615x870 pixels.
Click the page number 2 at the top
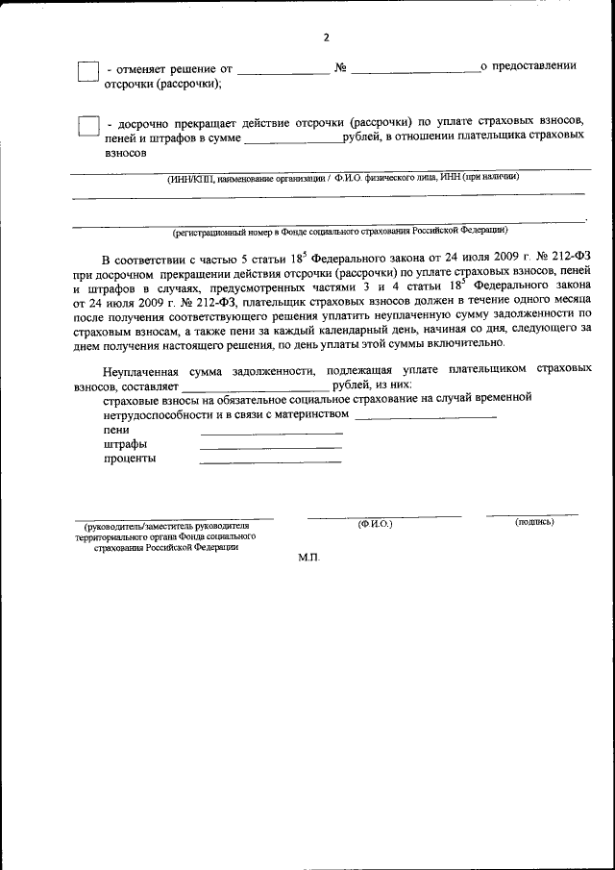326,37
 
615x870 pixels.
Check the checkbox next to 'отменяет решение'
87,71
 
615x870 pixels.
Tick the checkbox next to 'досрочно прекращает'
87,126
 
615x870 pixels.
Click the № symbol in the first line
340,67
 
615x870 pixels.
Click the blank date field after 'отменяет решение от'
283,70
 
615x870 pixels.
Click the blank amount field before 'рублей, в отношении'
293,140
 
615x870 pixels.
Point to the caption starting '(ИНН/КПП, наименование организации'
343,177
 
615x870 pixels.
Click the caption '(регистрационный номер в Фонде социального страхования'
340,232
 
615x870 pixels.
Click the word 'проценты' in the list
130,459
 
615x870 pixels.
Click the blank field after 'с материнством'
425,417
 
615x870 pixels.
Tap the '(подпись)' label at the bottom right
534,522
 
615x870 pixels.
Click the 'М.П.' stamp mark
307,558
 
